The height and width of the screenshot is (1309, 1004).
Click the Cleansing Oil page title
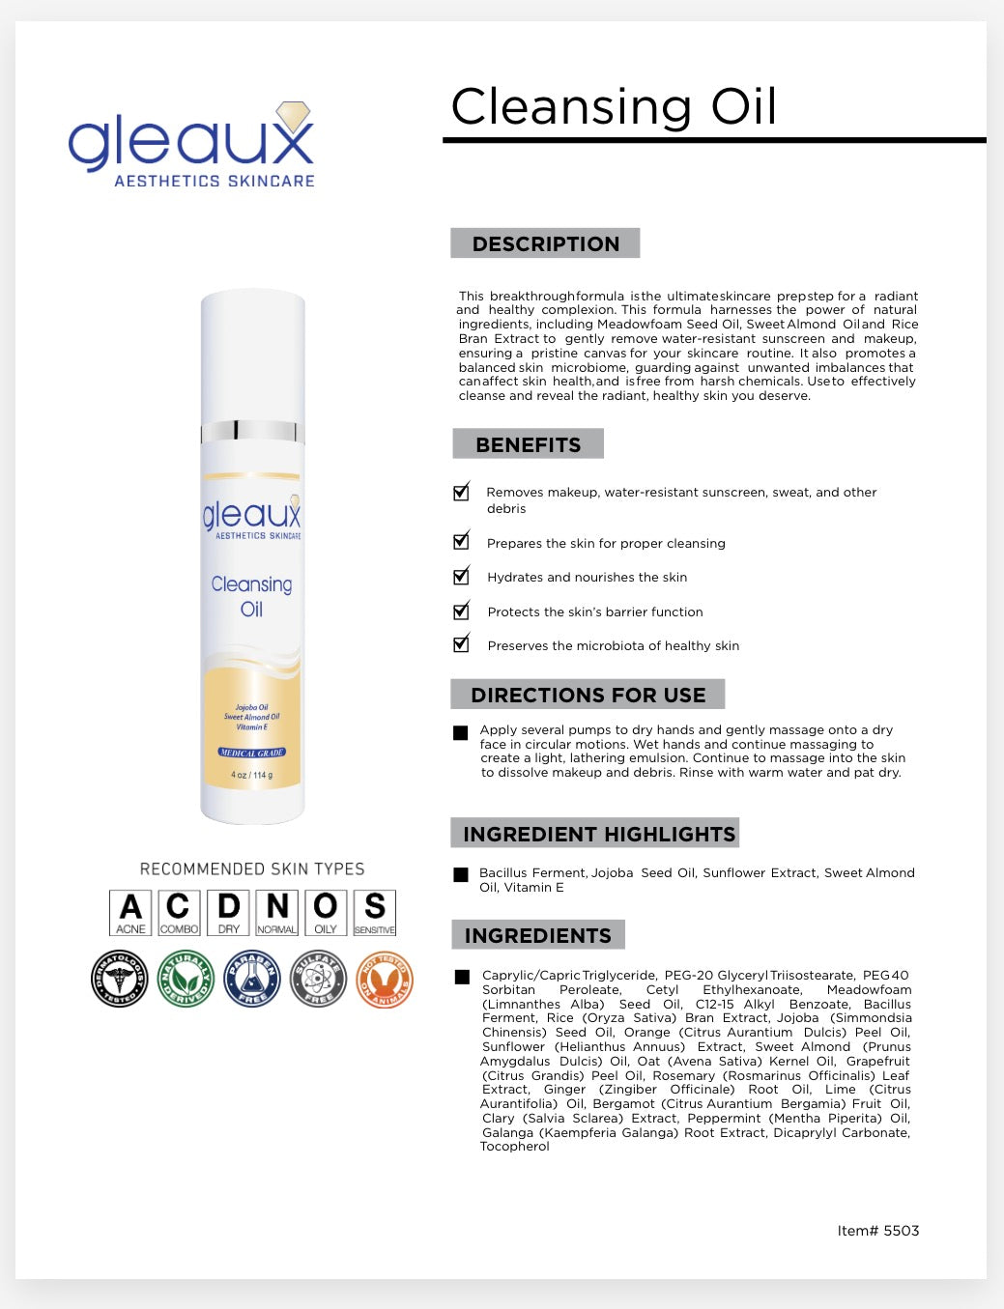[x=614, y=106]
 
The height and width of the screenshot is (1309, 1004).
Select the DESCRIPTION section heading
[x=545, y=243]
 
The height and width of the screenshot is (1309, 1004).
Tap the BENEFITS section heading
[x=528, y=444]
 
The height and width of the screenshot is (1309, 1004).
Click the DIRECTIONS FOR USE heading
[x=588, y=695]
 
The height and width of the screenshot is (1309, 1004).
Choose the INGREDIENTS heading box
[x=538, y=935]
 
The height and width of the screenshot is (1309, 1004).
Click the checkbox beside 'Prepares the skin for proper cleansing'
[x=462, y=542]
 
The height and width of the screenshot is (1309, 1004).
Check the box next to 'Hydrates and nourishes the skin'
[x=462, y=577]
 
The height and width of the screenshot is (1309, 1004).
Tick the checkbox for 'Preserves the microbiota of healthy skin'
[x=462, y=644]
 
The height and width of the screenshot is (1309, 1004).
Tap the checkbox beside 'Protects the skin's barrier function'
[x=462, y=612]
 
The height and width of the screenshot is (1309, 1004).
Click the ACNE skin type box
[x=130, y=913]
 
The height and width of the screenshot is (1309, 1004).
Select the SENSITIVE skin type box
[x=374, y=913]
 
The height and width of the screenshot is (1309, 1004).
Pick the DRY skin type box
[x=228, y=913]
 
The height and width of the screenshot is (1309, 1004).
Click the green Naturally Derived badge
[x=186, y=980]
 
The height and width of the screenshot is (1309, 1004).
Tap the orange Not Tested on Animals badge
[x=385, y=980]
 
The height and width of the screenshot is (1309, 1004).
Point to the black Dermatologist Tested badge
[x=119, y=980]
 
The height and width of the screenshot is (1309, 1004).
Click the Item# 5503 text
[x=877, y=1231]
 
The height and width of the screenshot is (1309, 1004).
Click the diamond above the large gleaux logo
[x=293, y=116]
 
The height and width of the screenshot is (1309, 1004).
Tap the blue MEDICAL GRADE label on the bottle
[x=252, y=753]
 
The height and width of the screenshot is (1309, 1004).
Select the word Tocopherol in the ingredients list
[x=515, y=1147]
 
